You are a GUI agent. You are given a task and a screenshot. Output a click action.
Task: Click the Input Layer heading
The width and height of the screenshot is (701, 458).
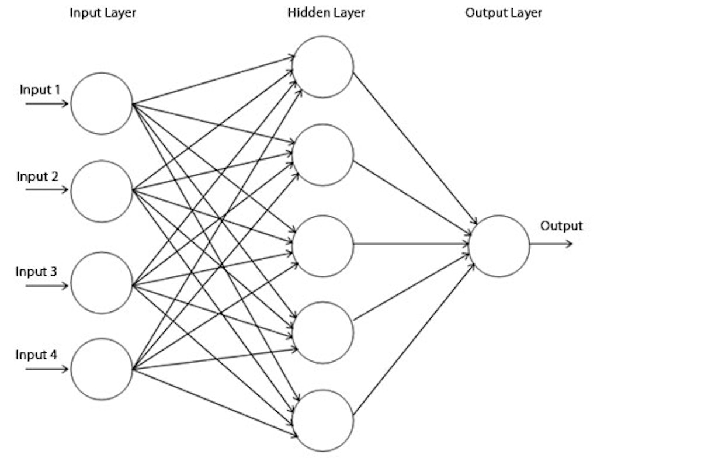point(102,12)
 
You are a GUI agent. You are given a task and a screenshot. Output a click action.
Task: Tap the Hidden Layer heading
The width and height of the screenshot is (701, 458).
point(326,12)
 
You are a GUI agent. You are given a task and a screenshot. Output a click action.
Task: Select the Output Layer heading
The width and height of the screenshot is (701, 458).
point(504,12)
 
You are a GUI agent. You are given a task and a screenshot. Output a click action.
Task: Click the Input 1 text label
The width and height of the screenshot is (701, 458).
point(40,90)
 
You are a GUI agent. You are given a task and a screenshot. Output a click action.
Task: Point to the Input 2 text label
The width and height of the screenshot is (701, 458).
point(37,176)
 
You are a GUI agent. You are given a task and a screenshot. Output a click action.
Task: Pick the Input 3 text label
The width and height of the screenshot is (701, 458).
point(36,272)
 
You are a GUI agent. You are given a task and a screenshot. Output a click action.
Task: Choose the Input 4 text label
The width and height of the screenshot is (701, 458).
point(36,355)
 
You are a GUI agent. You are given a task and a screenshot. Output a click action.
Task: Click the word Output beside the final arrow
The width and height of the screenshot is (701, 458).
point(561,226)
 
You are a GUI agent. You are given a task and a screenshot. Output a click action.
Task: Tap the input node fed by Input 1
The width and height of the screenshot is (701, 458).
point(102,103)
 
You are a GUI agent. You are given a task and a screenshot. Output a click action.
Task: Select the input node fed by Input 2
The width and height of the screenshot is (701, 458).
point(102,191)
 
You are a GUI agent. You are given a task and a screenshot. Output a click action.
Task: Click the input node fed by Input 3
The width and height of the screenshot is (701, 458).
point(102,283)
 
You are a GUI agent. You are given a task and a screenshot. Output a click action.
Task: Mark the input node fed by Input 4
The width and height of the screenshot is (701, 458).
point(102,369)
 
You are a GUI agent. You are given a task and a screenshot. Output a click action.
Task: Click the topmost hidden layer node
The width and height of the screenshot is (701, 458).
point(323,67)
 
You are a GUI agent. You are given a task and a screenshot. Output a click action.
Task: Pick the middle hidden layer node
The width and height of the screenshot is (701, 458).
point(323,246)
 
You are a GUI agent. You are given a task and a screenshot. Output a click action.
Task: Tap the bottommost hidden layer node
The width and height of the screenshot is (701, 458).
point(323,420)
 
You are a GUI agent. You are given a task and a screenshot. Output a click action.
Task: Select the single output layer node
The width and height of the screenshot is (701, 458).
point(499,246)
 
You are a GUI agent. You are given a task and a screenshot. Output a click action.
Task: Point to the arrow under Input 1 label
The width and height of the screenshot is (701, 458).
point(47,104)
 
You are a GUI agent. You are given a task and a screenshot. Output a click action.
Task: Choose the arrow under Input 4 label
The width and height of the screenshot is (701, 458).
point(47,369)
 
